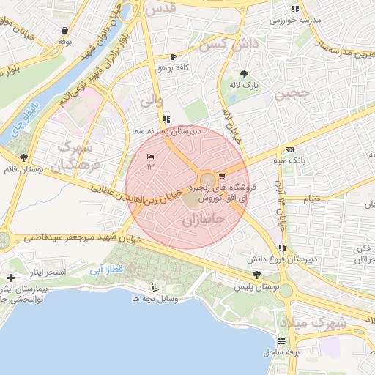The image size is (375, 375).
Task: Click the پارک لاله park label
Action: click(243, 85)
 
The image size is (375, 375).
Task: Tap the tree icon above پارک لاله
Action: click(243, 74)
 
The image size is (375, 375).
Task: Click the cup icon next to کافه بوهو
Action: click(173, 56)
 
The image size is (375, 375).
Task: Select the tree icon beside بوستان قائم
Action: click(24, 157)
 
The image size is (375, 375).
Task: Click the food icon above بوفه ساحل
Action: click(282, 341)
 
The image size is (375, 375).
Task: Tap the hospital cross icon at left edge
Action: click(10, 278)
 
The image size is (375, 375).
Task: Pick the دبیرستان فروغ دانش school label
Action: click(291, 259)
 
